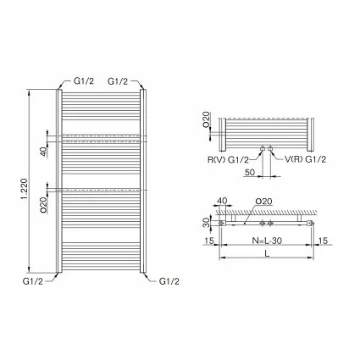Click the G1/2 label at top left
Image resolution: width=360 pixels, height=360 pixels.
pos(83,80)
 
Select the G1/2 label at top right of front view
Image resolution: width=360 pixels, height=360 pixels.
pos(119,80)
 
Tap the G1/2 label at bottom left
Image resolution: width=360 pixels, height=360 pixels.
pos(33,280)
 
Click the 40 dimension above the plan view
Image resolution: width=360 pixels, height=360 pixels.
pos(222,202)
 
